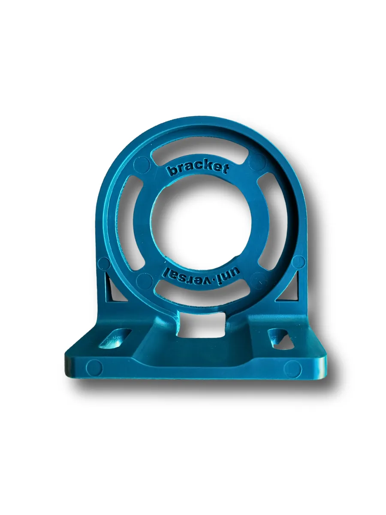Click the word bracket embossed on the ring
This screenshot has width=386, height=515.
click(x=197, y=169)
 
